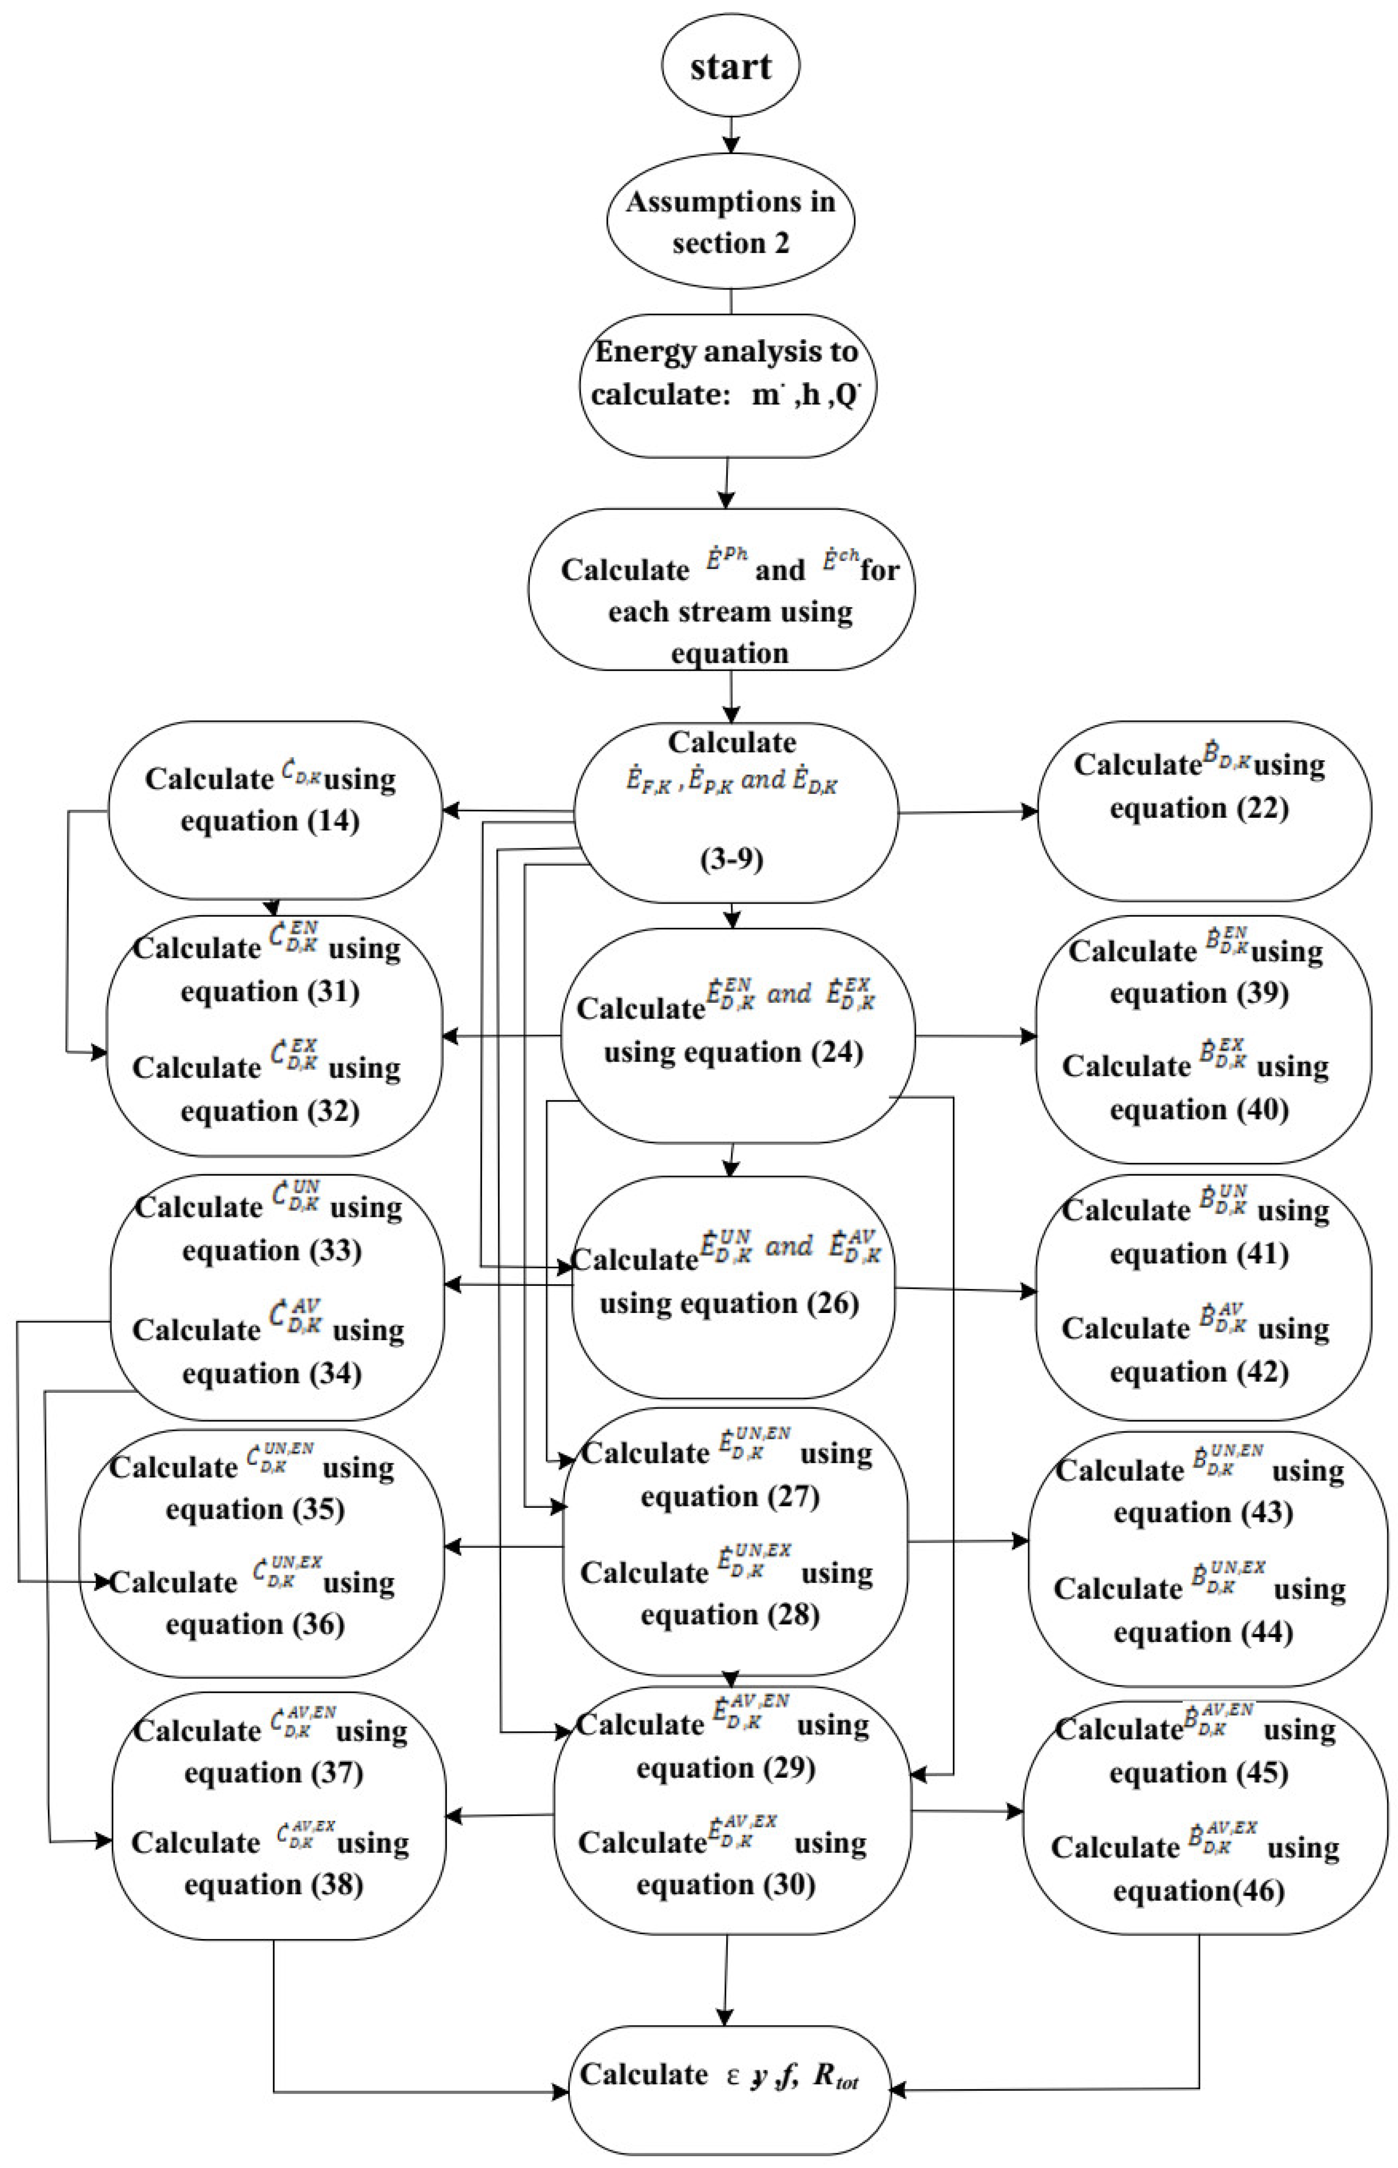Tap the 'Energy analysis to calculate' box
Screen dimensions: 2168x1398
point(728,374)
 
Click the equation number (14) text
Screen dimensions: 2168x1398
point(333,821)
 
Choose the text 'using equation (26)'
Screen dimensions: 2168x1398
point(729,1304)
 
